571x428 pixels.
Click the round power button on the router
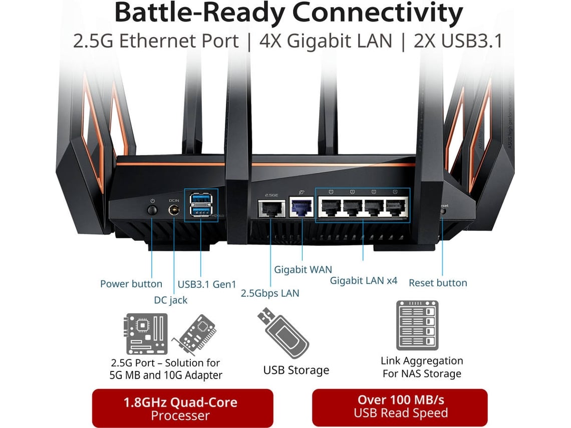[x=152, y=208]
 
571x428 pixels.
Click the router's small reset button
[x=442, y=212]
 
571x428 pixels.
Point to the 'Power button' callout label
[x=131, y=284]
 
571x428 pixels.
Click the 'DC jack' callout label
[x=171, y=300]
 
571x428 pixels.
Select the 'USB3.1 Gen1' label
[x=207, y=284]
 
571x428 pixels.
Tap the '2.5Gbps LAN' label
[x=270, y=293]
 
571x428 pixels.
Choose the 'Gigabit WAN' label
[x=303, y=270]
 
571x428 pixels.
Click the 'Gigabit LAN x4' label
[x=364, y=281]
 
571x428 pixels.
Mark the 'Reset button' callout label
[x=438, y=283]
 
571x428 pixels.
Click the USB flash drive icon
[x=283, y=333]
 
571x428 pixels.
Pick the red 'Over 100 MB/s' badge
[x=400, y=406]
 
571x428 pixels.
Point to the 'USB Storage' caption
[x=296, y=370]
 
